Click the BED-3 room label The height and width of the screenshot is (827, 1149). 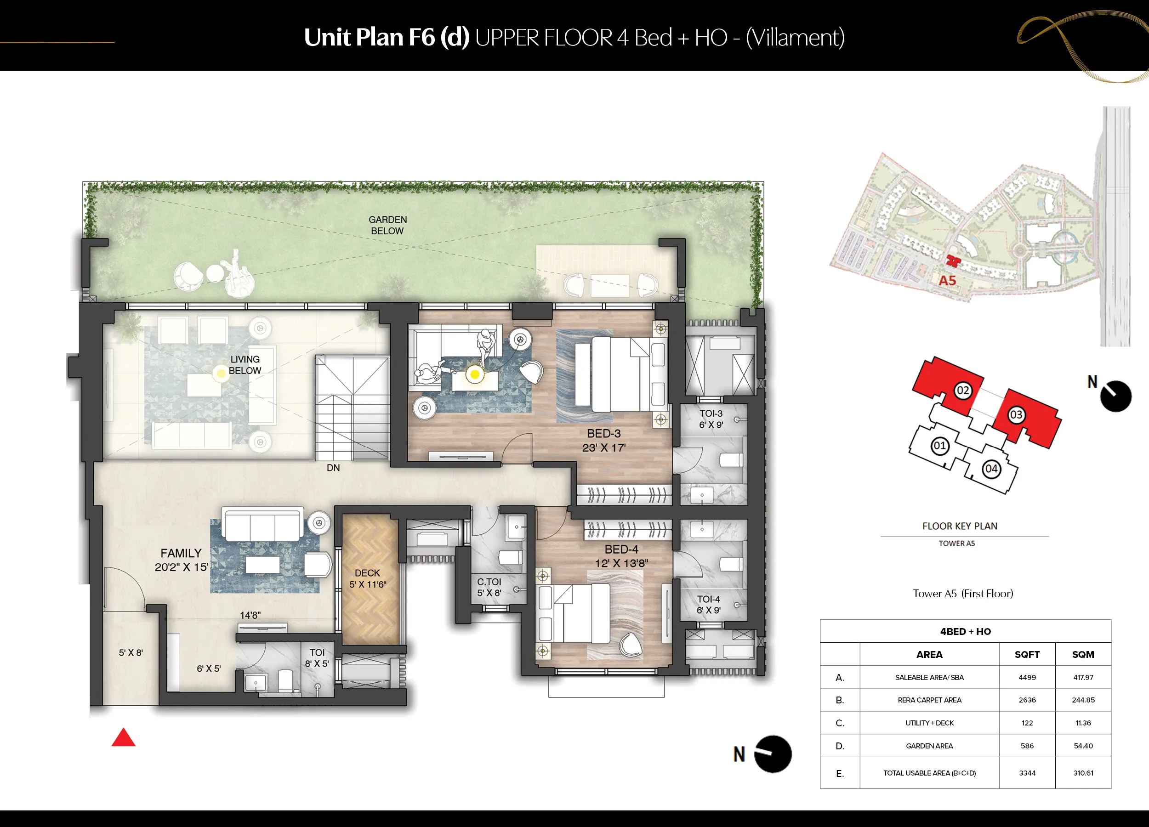click(x=604, y=434)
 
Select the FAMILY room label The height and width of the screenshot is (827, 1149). click(x=181, y=554)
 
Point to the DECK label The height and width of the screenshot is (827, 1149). click(x=367, y=573)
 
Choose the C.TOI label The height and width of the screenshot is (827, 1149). click(x=489, y=582)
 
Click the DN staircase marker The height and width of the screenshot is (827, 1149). click(x=333, y=468)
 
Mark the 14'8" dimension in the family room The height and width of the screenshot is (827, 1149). click(x=250, y=615)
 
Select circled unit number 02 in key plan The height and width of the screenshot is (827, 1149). click(x=962, y=391)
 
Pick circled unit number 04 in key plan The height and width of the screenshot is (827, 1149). click(x=991, y=469)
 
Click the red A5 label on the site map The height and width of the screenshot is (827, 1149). click(x=947, y=281)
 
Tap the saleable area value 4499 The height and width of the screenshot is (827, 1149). click(x=1027, y=678)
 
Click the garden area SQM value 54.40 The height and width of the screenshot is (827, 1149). click(x=1083, y=746)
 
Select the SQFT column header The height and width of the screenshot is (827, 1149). click(x=1027, y=655)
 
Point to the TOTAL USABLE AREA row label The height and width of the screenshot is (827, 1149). click(x=929, y=773)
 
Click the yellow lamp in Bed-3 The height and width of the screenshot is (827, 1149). click(x=475, y=374)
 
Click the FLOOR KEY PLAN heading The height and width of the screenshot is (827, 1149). click(x=960, y=526)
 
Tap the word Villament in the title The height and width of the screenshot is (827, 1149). click(x=795, y=38)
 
